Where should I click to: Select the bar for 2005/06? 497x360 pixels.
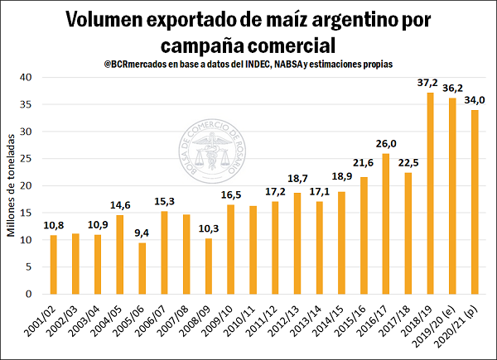[x=142, y=268]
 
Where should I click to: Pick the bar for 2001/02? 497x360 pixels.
[x=54, y=265]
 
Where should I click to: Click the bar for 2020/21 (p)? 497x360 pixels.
[x=475, y=202]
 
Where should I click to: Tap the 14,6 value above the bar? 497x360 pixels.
[x=121, y=206]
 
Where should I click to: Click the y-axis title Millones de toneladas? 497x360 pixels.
[x=11, y=187]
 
